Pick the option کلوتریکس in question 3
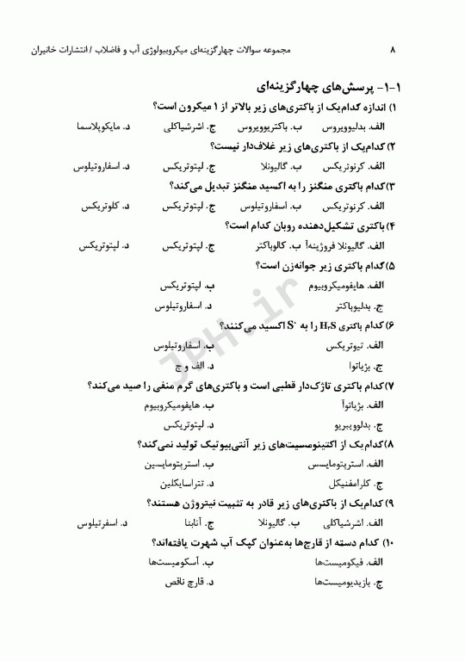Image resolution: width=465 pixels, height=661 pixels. point(98,206)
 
